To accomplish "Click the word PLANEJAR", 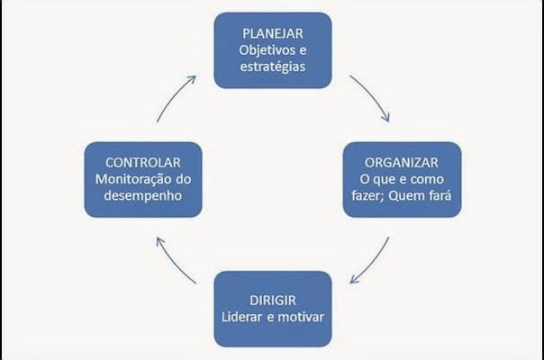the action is (273, 33).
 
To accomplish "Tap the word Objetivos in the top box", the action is (263, 50).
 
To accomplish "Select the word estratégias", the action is (273, 67).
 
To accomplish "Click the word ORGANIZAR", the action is (402, 163).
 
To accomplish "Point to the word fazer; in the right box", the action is (367, 195).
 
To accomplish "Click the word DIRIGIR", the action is (273, 301).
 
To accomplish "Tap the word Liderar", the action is (241, 317).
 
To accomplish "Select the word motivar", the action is (301, 317).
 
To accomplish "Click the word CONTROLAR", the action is (143, 163).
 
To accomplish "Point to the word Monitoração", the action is (133, 179).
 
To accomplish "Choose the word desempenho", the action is (143, 196).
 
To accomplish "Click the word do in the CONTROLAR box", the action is (184, 179).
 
